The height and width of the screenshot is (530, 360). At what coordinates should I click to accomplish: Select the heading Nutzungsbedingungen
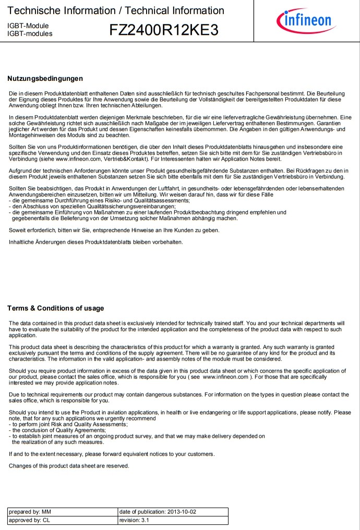tap(45, 79)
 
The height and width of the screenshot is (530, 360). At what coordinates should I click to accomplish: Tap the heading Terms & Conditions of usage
tap(55, 308)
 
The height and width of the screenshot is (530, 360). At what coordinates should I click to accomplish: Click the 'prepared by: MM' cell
tap(63, 512)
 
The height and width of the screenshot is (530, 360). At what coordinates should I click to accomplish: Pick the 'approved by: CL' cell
tap(63, 520)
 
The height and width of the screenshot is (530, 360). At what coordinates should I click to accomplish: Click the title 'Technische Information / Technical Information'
tap(116, 10)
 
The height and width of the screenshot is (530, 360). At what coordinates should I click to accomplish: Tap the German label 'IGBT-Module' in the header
tap(28, 26)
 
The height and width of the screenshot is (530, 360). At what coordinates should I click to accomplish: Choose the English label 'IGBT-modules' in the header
tap(30, 34)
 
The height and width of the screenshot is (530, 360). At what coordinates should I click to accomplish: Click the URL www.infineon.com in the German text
tap(77, 159)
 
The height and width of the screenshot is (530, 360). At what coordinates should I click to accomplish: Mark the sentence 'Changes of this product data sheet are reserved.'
tap(69, 466)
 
